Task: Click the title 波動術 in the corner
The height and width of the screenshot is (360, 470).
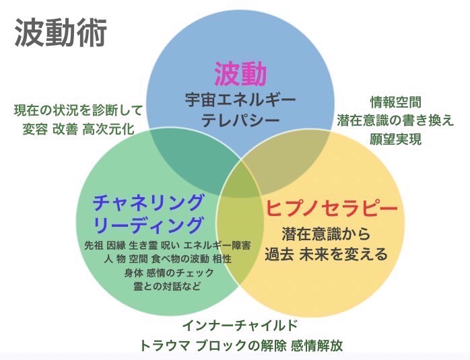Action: (61, 33)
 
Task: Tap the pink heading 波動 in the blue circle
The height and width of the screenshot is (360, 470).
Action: (240, 74)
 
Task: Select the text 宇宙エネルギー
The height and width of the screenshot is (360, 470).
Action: (240, 100)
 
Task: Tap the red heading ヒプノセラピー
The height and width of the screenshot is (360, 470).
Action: (331, 207)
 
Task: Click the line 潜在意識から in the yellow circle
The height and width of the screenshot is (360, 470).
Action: (326, 234)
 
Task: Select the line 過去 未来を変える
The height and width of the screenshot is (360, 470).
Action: (326, 254)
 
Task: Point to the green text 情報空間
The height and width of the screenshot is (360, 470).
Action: (396, 102)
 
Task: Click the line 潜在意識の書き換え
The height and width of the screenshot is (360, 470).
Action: (396, 120)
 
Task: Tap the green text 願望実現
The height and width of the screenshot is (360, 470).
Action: (396, 139)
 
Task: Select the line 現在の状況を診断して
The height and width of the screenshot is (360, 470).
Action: (78, 110)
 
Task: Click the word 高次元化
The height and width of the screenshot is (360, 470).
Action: (108, 129)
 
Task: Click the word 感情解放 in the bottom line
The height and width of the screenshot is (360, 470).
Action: (317, 346)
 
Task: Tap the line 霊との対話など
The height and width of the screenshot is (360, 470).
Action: (167, 287)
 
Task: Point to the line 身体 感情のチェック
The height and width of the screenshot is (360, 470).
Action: (169, 273)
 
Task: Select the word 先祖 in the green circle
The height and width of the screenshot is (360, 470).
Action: (94, 246)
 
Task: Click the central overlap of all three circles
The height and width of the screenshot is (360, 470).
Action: (240, 185)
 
